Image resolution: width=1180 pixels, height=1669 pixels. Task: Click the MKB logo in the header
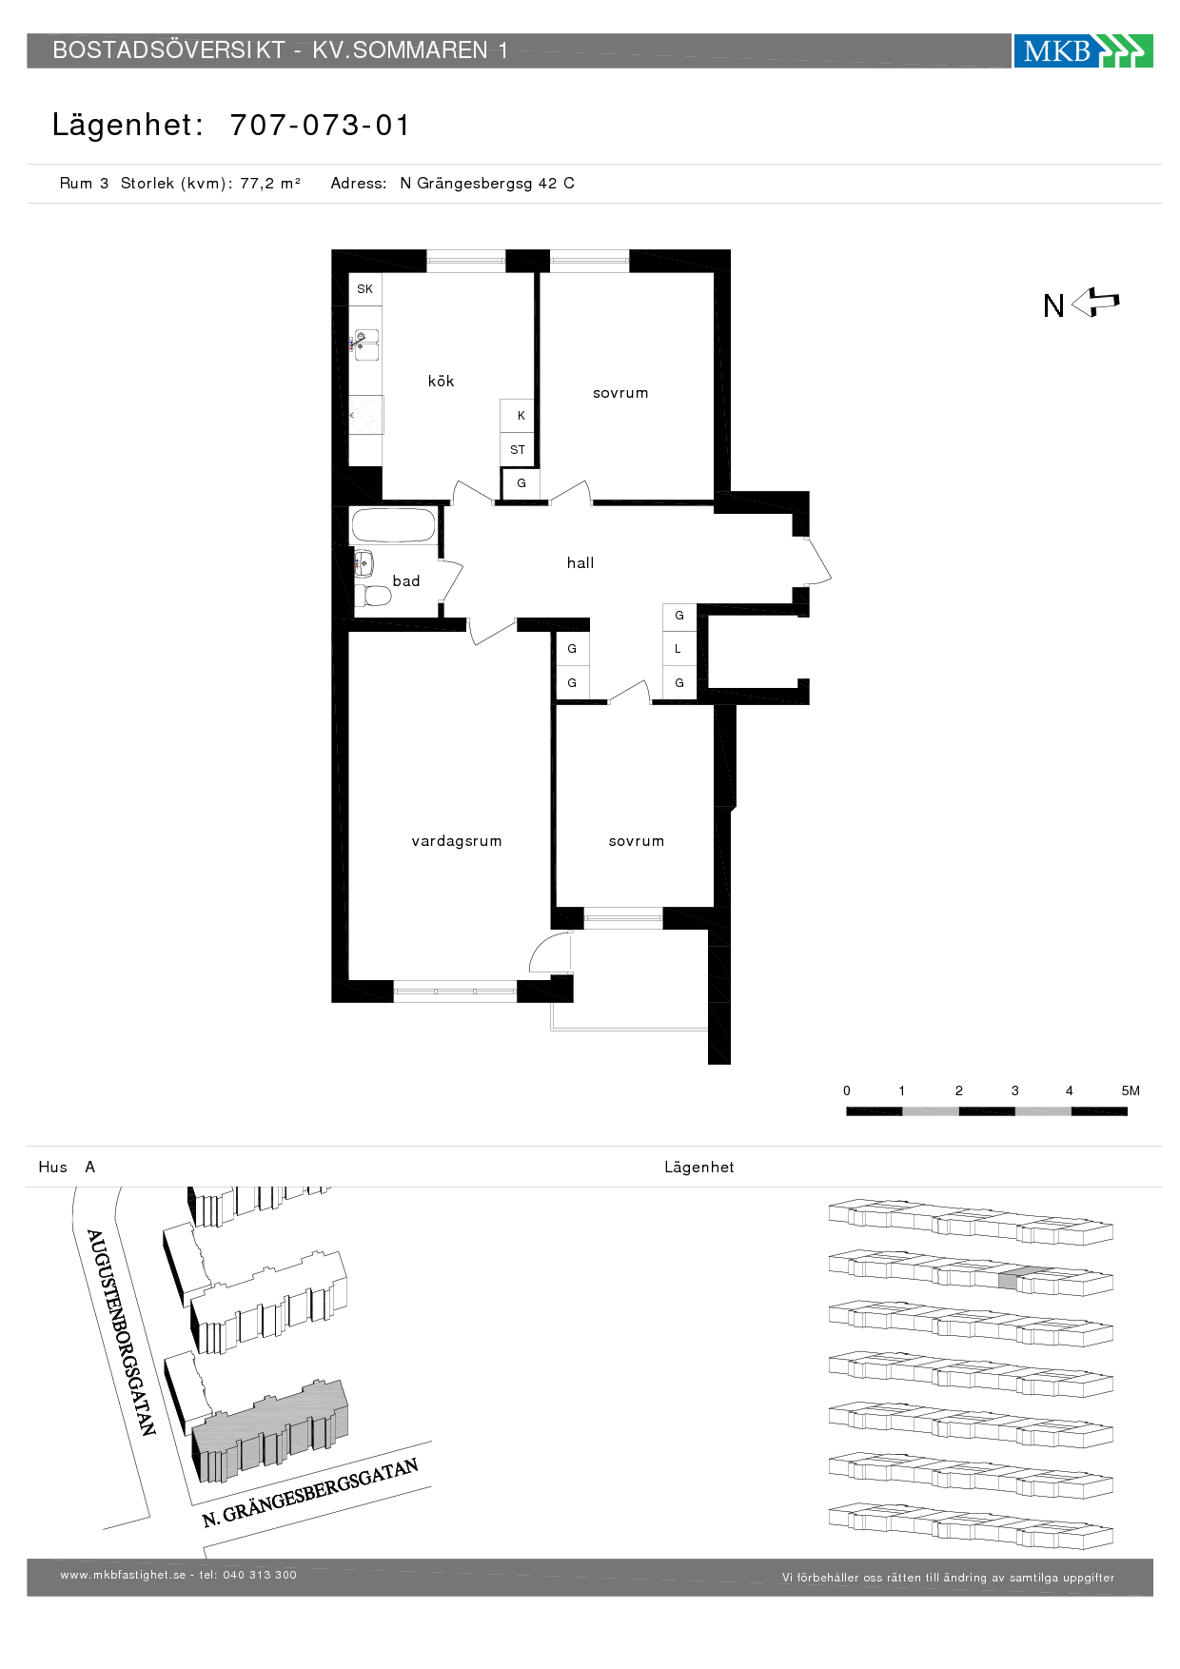point(1083,50)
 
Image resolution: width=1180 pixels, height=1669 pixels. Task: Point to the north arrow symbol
point(1095,303)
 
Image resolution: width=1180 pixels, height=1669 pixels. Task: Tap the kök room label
point(441,382)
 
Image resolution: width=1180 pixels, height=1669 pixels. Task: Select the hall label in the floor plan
point(580,563)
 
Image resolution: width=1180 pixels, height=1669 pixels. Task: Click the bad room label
point(406,581)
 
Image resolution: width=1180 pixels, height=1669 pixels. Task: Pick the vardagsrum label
point(457,841)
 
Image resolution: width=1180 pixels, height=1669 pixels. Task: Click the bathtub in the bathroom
point(393,525)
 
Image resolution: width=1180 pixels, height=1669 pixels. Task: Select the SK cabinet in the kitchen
point(365,289)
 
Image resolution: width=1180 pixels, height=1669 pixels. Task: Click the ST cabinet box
point(518,450)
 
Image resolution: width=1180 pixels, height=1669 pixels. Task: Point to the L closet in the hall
point(679,649)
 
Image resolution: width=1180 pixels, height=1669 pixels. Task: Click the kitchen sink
point(365,344)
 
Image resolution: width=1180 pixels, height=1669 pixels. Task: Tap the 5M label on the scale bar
point(1130,1090)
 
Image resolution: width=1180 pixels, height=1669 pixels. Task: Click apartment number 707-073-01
point(320,125)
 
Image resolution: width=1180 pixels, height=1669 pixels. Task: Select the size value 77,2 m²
point(270,184)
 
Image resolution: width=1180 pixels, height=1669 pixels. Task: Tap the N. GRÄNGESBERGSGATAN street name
point(310,1493)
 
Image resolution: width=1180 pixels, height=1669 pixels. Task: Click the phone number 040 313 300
point(260,1575)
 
